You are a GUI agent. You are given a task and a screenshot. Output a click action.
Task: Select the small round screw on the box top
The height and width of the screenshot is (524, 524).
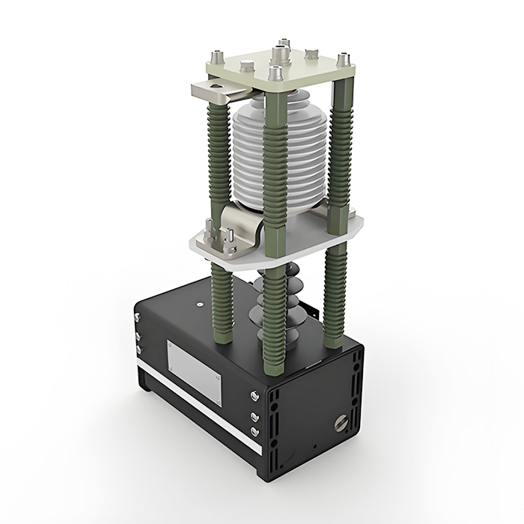click(x=201, y=305)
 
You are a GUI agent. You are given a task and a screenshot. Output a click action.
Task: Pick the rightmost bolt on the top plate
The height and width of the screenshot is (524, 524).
click(x=344, y=58)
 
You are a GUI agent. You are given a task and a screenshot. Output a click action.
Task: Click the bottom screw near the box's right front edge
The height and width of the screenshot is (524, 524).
click(x=255, y=432)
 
